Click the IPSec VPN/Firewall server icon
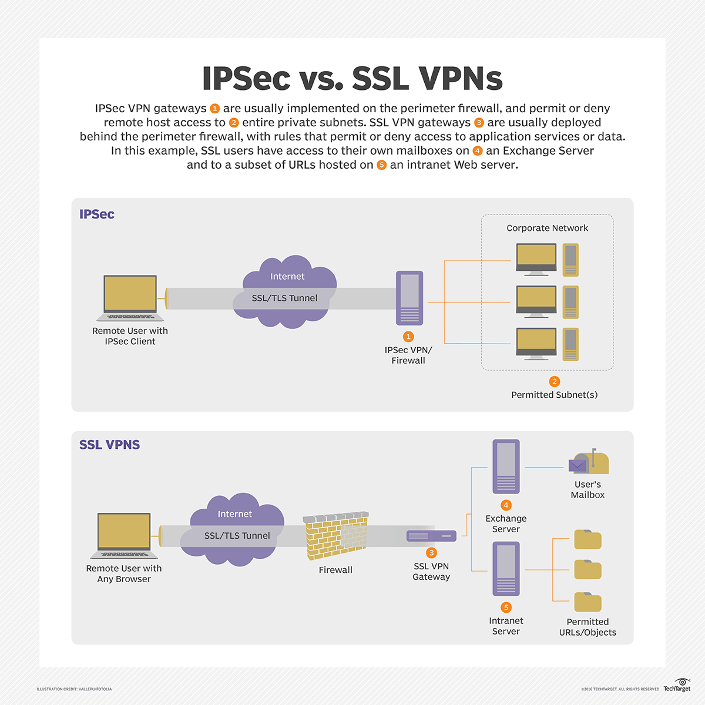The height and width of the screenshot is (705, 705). [x=409, y=298]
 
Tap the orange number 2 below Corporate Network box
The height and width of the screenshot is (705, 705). [x=554, y=381]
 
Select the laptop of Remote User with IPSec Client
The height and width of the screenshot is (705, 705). [x=130, y=298]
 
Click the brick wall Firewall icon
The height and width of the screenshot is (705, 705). [x=336, y=535]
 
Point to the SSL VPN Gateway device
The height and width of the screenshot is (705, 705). [x=431, y=536]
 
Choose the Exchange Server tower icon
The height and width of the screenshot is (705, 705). [x=506, y=466]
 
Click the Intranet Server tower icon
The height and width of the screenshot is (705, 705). [x=506, y=569]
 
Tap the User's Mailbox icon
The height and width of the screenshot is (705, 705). [x=589, y=462]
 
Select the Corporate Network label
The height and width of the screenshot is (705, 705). [x=547, y=228]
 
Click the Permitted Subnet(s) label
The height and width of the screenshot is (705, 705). [x=554, y=395]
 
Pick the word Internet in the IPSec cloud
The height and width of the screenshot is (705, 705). [x=287, y=276]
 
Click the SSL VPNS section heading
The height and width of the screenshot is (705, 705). [x=109, y=445]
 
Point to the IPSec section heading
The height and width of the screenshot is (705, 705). [x=97, y=214]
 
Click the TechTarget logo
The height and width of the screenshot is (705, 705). [x=677, y=686]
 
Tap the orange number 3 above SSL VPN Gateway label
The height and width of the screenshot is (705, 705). [x=431, y=553]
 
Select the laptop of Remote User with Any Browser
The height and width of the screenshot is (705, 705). [x=124, y=535]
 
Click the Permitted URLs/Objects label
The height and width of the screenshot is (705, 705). [x=587, y=627]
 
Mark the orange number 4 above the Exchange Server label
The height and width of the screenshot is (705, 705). [x=506, y=505]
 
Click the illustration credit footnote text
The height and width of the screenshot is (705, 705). [x=74, y=689]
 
